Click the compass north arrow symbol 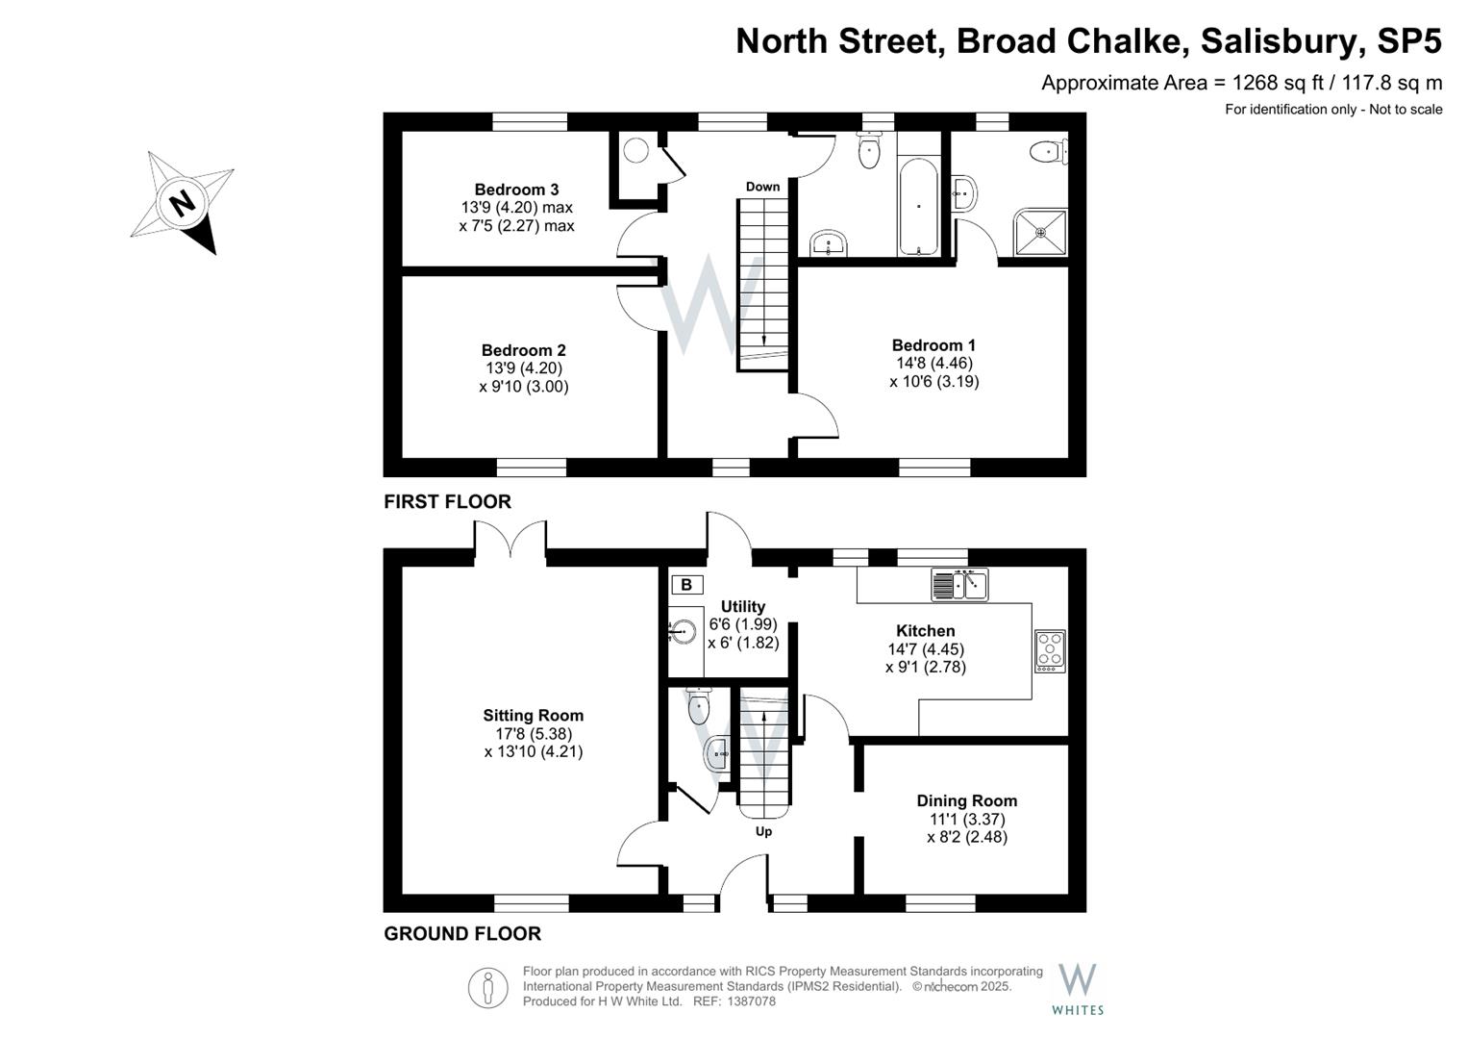(183, 203)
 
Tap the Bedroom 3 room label (516, 190)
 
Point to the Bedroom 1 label (933, 345)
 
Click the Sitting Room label (533, 715)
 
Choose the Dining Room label (966, 800)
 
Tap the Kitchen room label (925, 631)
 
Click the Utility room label (742, 606)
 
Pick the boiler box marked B (686, 585)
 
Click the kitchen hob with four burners (1050, 650)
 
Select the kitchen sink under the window (959, 584)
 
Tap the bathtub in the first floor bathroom (919, 207)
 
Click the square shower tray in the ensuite (1040, 232)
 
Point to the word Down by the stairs (762, 187)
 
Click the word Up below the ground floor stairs (763, 831)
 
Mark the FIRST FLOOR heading (447, 501)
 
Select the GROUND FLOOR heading (462, 933)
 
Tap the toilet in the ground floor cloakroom (699, 708)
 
